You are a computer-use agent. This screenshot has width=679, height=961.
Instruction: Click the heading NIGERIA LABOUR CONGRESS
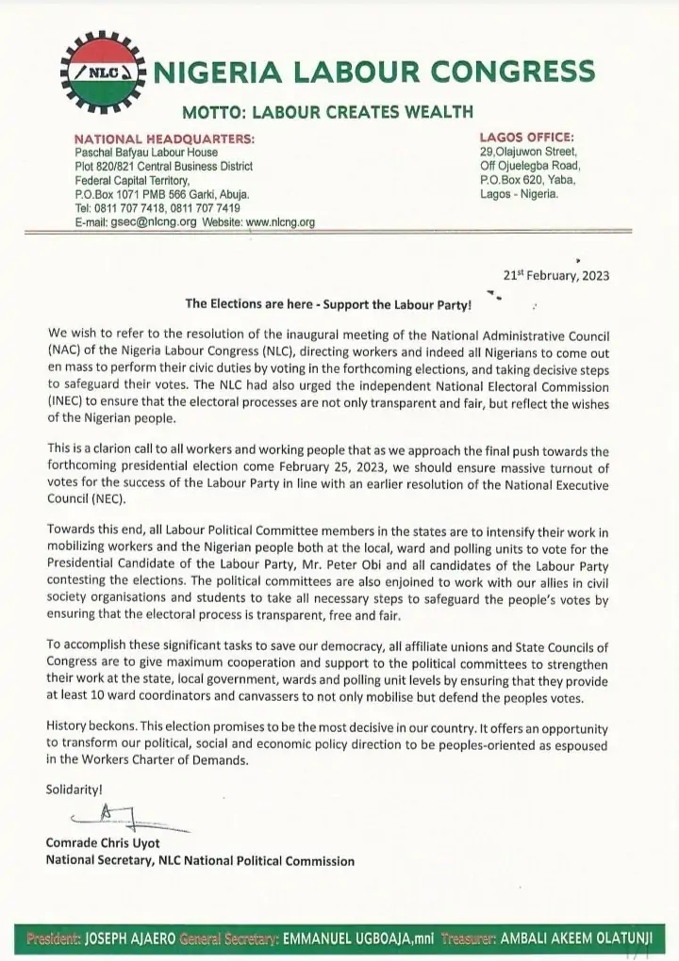tap(373, 72)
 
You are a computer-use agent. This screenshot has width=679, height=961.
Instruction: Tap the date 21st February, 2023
tap(557, 276)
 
